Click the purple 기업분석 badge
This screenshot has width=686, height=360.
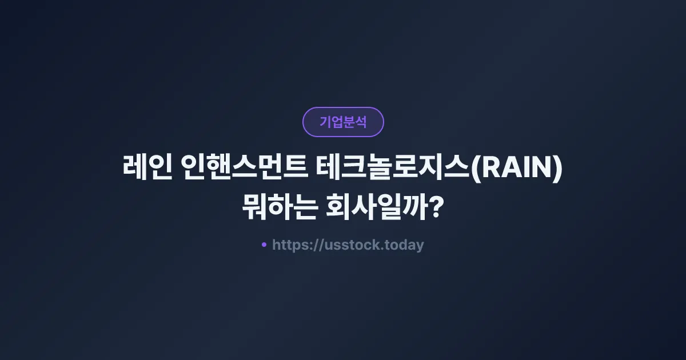pos(343,122)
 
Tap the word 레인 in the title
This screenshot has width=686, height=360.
pos(147,169)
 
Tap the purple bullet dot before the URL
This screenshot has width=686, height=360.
pos(264,245)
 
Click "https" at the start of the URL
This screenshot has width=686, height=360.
pos(289,245)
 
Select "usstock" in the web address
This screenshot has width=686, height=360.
pos(349,245)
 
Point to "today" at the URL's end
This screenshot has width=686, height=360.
pos(405,245)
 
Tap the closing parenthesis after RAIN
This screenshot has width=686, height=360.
pos(559,169)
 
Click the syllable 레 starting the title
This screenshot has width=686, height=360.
pos(135,169)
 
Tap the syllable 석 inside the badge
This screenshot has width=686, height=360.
pos(361,122)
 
